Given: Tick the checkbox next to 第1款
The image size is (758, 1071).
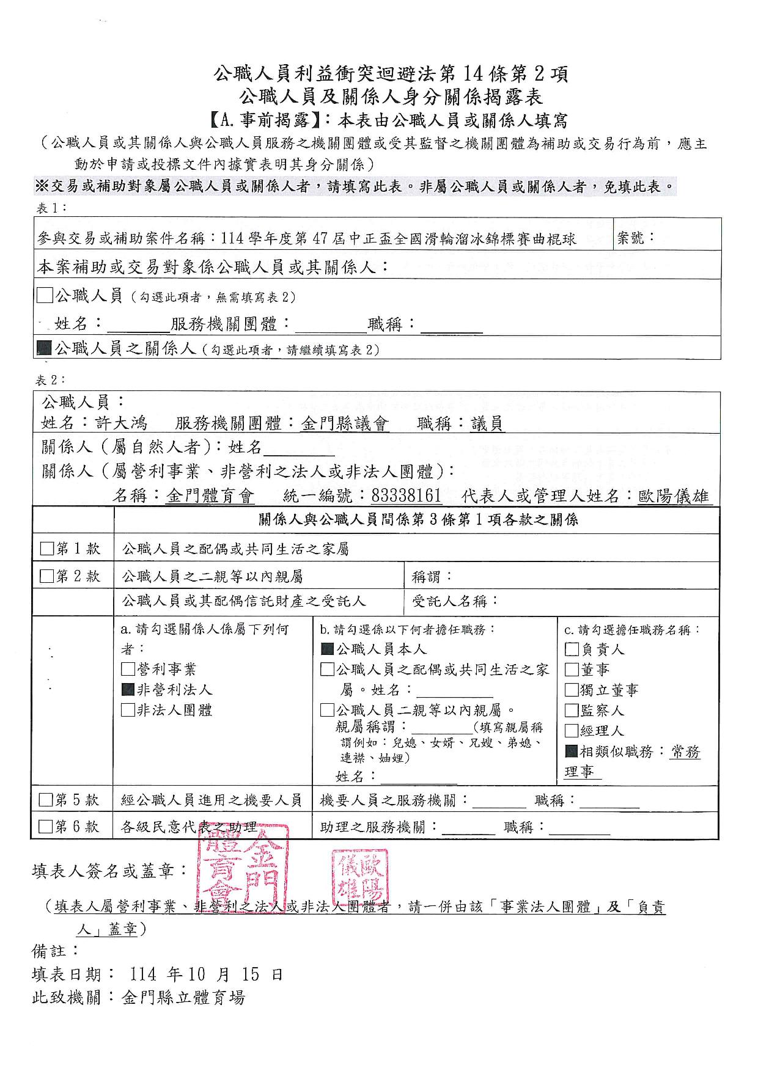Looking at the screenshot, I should [46, 549].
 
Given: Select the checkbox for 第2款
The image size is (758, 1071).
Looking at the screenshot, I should [46, 576].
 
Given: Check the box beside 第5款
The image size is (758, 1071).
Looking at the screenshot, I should [45, 800].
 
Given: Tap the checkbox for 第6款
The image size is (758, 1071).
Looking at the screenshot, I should [45, 827].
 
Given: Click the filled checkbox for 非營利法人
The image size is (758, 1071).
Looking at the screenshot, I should [128, 690].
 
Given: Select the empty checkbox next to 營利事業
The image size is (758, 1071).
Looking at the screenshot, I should [128, 670].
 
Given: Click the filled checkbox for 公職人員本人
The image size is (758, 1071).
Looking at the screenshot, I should [327, 649].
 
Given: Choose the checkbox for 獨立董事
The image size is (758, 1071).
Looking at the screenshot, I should [571, 690].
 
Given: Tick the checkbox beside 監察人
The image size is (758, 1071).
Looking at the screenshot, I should [571, 710].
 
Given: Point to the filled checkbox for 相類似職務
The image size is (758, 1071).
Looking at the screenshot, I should [571, 751].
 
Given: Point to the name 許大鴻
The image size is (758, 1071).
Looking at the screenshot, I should [121, 423].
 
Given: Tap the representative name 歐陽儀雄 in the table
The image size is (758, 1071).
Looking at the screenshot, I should [675, 495].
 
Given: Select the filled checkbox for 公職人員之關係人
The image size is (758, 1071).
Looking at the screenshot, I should [44, 348].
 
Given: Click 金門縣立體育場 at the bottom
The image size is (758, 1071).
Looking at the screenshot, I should [183, 998].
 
